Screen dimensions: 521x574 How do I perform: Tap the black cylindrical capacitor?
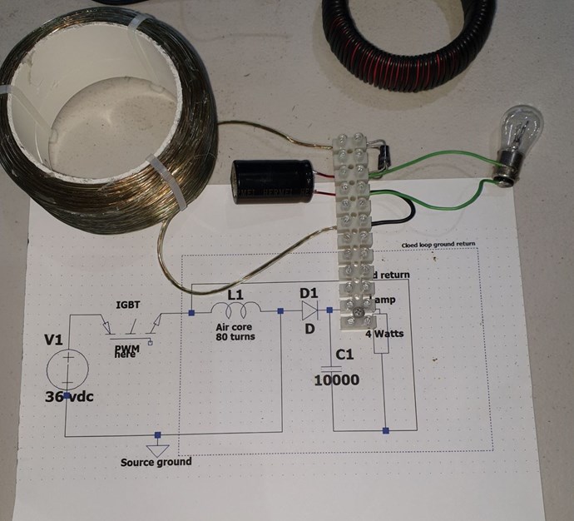[273, 181]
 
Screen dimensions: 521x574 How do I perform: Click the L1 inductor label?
[236, 295]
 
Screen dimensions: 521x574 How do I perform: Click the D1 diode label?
[308, 294]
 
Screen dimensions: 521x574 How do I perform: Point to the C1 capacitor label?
[345, 356]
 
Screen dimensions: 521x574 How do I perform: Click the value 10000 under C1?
[336, 380]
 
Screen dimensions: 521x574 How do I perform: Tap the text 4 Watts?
[384, 333]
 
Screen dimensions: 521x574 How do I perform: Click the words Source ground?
[156, 462]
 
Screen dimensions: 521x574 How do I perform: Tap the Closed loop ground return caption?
[441, 245]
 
